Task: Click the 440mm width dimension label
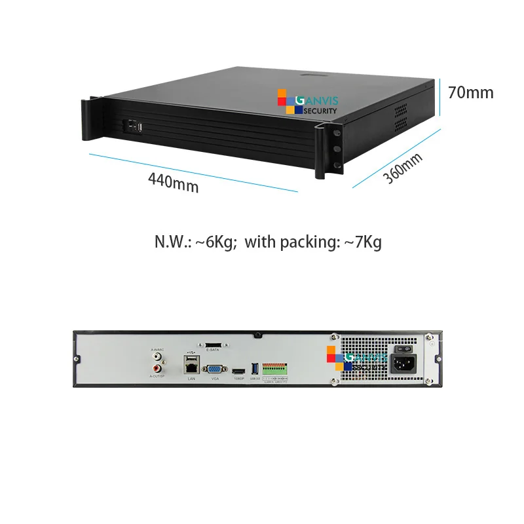[173, 181]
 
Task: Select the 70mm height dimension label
[470, 92]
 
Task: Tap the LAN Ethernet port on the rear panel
[191, 367]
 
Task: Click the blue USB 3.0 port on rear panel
[253, 370]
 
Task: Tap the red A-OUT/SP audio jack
[157, 368]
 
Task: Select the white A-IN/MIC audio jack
[157, 357]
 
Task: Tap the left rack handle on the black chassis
[90, 118]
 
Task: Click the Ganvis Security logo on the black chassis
[307, 103]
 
